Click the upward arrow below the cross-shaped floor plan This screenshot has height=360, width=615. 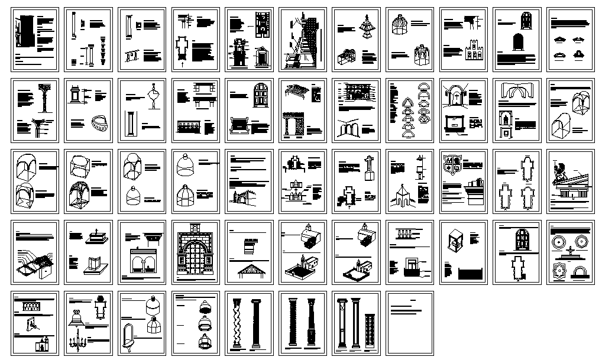pos(182,66)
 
